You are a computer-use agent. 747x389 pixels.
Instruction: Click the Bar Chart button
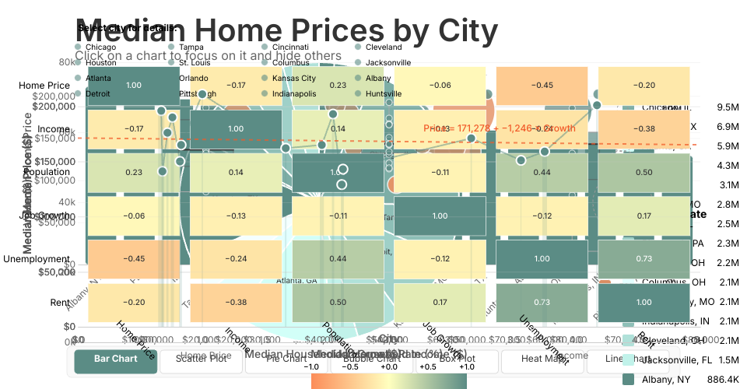pos(116,359)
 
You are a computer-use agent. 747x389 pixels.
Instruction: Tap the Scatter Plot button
pos(201,359)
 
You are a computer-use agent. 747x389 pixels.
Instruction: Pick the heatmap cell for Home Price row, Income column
pos(235,85)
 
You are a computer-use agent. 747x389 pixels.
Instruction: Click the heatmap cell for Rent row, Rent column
pos(644,302)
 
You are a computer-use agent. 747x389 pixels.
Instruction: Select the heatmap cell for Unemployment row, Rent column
pos(644,258)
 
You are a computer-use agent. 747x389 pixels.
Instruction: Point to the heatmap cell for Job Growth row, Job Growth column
pos(440,216)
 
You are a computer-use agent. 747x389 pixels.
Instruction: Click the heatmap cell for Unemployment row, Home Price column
pos(133,258)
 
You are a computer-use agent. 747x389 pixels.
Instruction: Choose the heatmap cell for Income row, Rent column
pos(644,128)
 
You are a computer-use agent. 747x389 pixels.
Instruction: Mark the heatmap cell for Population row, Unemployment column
pos(542,171)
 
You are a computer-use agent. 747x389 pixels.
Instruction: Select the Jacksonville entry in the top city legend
pos(388,62)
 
